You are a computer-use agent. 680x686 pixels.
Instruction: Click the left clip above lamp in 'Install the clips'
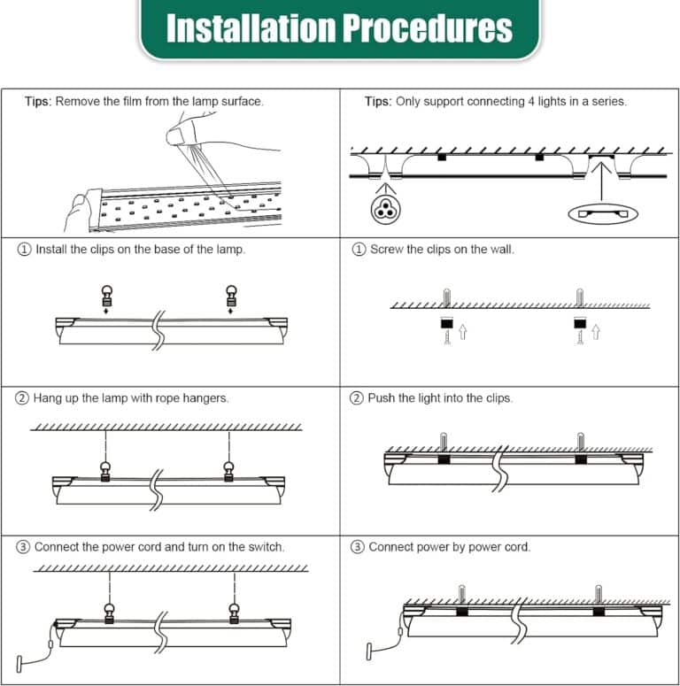point(106,296)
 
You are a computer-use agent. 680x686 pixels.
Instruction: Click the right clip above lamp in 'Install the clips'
point(231,296)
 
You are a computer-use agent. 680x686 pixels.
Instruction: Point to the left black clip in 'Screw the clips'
point(447,323)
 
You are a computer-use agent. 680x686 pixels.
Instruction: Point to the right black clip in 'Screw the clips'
point(581,323)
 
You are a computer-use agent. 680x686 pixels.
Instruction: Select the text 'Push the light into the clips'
point(440,398)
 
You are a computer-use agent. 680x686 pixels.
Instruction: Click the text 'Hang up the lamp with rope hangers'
point(131,398)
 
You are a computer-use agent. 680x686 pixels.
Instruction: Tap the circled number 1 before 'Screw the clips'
point(359,250)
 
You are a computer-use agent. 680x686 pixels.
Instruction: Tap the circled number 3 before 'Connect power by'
point(358,547)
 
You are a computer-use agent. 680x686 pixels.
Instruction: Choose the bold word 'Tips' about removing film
point(37,102)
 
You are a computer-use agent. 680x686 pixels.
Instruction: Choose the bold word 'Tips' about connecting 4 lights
point(378,102)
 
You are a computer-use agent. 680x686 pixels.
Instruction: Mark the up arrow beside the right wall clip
point(595,332)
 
